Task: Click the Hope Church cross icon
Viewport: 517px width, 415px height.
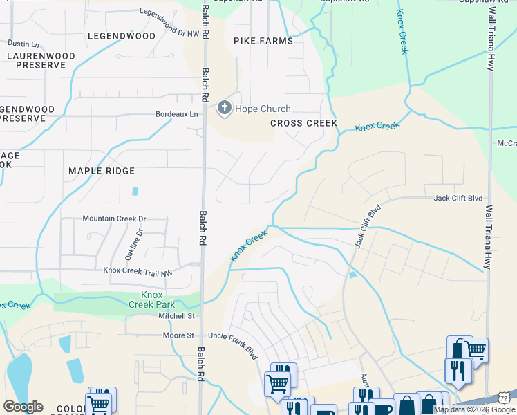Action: point(225,108)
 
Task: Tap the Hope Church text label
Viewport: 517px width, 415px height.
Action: point(263,109)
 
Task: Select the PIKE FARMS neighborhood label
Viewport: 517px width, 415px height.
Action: point(263,41)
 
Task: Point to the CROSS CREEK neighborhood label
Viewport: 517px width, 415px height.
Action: point(303,123)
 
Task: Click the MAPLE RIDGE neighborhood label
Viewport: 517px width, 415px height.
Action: point(102,170)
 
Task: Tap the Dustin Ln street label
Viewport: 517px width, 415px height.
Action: point(23,44)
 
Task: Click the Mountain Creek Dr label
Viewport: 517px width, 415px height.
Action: point(115,219)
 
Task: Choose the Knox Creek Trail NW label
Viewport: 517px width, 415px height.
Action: point(138,273)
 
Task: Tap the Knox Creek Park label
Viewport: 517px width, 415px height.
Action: point(152,299)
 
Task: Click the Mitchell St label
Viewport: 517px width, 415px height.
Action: point(176,315)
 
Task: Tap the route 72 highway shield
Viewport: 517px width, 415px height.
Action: point(505,398)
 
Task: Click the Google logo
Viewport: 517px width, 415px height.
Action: point(23,407)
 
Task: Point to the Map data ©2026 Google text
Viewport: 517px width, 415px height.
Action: point(475,409)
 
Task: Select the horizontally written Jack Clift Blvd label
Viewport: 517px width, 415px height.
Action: point(457,199)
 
